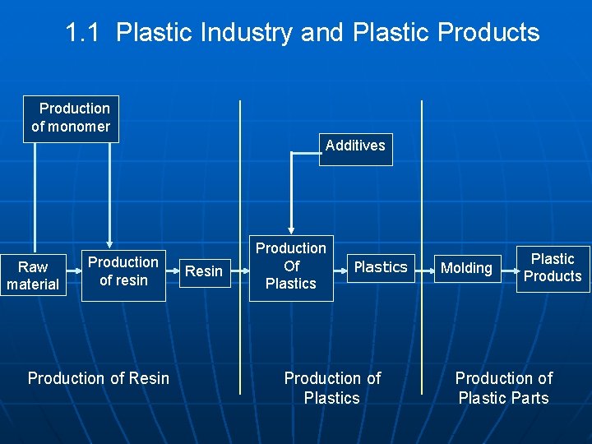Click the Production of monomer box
click(x=71, y=118)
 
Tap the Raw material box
click(x=33, y=275)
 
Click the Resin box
click(x=204, y=271)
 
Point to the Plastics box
click(x=380, y=267)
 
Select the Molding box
click(x=466, y=268)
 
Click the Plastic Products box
click(x=553, y=268)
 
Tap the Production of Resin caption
click(x=99, y=378)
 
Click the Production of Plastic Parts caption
click(x=503, y=388)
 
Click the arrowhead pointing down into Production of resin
click(x=109, y=244)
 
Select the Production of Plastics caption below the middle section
click(x=332, y=388)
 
